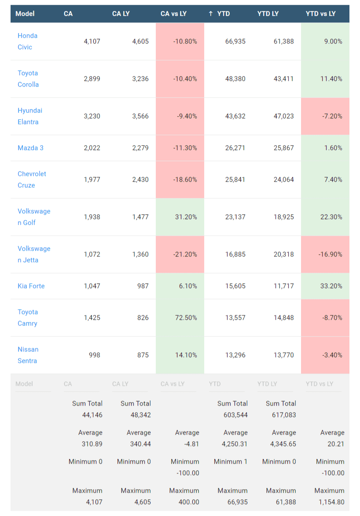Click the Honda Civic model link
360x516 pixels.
coord(27,41)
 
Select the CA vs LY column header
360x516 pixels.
coord(173,14)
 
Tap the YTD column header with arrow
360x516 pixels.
coord(220,14)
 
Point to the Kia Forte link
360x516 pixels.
coord(31,286)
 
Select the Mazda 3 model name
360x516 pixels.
coord(30,148)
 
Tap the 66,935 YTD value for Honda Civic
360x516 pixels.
coord(235,41)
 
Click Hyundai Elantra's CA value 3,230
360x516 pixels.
coord(92,116)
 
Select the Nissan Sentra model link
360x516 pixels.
coord(28,355)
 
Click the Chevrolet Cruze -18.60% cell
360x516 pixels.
coord(185,179)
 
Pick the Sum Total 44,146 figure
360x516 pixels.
coord(92,415)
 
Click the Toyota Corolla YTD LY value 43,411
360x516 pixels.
coord(284,79)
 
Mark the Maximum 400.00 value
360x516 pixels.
coord(188,502)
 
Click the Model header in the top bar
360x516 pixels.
coord(25,14)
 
